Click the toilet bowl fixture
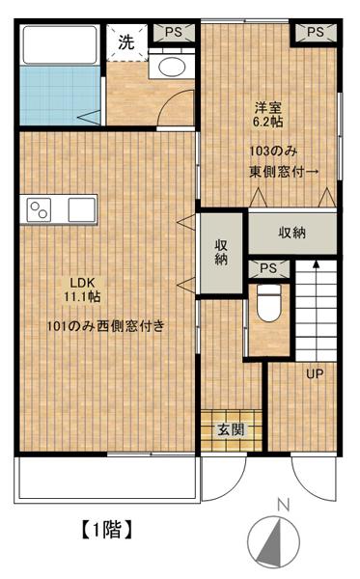268,303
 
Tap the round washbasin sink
172,67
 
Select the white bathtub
60,44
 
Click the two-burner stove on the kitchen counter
39,209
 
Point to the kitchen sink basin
82,209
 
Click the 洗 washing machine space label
126,42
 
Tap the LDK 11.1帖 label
82,289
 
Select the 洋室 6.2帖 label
268,115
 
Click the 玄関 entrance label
231,429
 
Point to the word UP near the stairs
315,374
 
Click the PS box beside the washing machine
174,33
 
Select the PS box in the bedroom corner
316,32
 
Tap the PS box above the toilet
268,268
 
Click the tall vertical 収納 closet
221,253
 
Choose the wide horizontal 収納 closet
292,233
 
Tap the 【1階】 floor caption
106,530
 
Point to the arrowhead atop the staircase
316,264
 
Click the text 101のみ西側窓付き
105,326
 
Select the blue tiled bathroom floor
60,96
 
